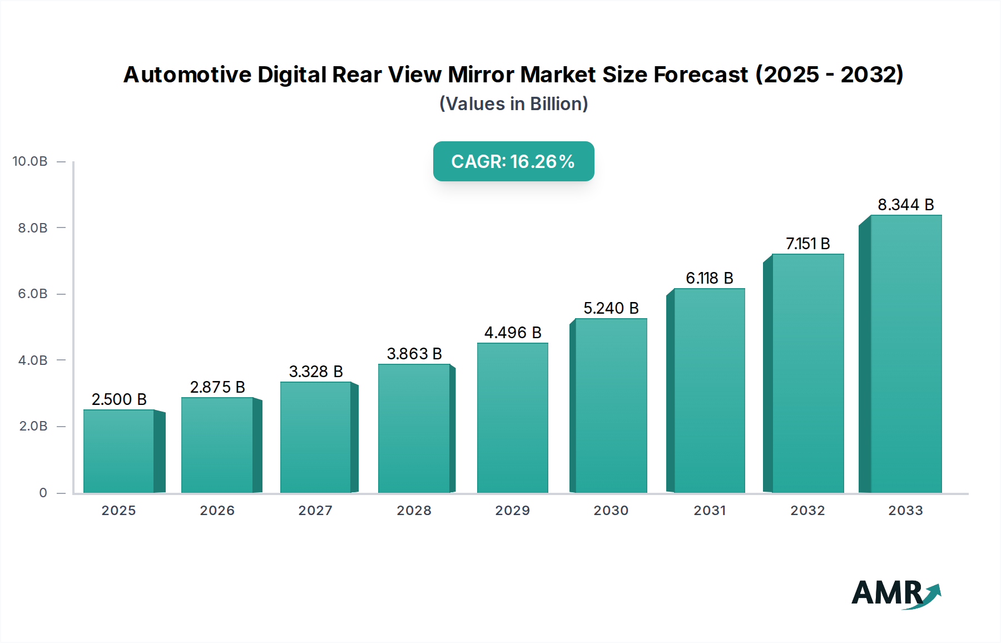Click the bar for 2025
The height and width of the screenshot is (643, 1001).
point(119,451)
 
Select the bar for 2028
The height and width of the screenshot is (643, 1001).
point(414,428)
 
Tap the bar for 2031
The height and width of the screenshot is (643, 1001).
point(709,390)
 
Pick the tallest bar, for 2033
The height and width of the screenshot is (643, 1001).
point(906,354)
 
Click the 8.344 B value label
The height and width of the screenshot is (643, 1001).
point(906,205)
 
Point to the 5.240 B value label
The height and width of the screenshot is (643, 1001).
point(611,308)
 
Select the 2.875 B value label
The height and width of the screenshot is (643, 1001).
point(217,387)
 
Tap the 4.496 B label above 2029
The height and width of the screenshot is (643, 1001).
point(513,333)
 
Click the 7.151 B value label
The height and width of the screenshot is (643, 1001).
point(807,244)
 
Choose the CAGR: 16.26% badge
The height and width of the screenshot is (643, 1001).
point(513,161)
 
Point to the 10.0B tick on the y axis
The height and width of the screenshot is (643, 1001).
point(30,161)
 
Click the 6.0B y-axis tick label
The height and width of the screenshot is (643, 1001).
point(33,294)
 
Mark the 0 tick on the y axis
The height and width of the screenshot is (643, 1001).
point(43,493)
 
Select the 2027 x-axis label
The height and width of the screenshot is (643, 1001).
point(315,511)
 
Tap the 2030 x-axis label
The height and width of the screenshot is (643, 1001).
point(611,511)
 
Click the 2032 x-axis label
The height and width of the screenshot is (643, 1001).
point(807,511)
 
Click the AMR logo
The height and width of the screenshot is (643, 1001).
point(896,593)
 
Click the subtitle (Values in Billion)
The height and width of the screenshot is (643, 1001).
point(513,104)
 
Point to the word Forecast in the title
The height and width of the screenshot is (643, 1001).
point(701,75)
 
